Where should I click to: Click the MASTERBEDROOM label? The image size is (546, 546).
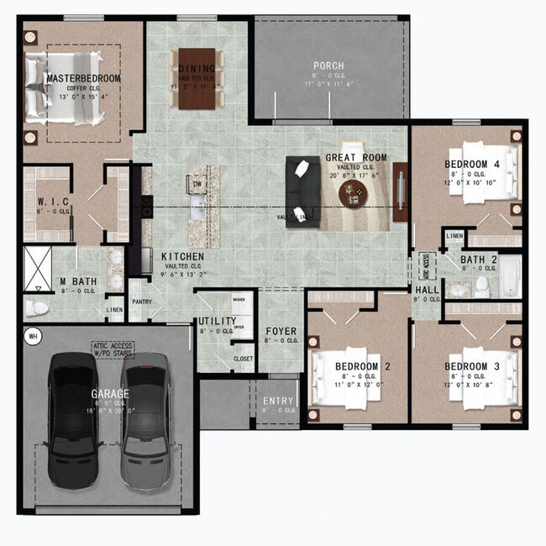pos(83,78)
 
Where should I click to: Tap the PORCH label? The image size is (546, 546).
pos(328,66)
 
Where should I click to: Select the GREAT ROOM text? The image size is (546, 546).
pos(356,157)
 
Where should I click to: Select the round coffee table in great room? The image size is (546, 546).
pos(353,195)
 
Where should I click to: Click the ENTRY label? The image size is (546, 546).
pos(278,401)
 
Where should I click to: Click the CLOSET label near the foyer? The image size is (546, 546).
pos(243,359)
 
